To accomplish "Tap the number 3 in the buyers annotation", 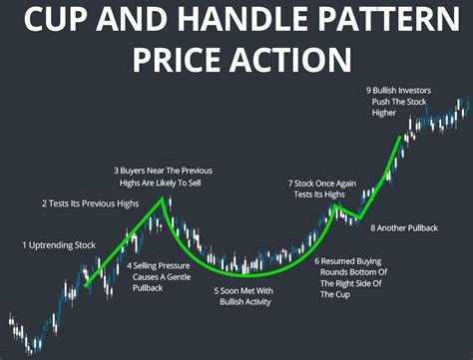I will point(117,169).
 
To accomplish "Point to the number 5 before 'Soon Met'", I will point(218,291).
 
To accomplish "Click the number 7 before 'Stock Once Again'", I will point(290,182).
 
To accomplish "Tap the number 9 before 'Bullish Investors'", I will point(369,89).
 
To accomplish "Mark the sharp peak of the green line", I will point(164,198).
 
